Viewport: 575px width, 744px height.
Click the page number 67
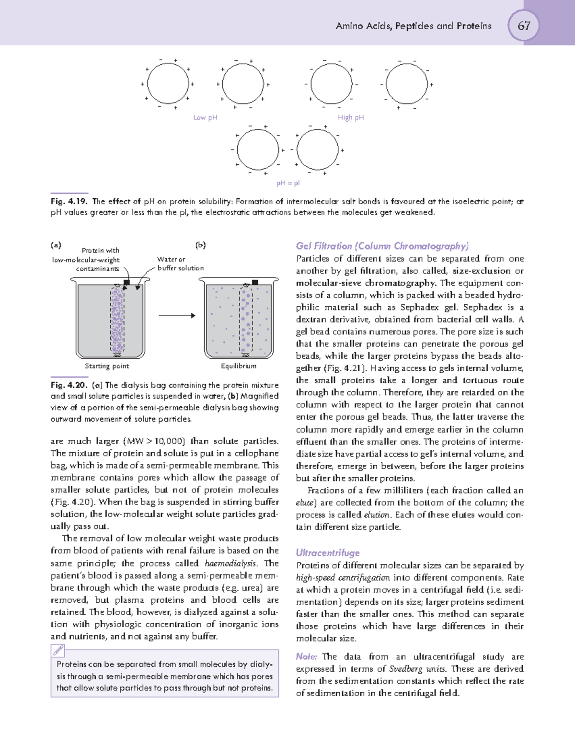(x=523, y=25)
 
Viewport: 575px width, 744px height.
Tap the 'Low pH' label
(x=205, y=117)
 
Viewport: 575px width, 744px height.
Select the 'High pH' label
(x=351, y=117)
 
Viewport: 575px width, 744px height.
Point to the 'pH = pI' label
(x=288, y=183)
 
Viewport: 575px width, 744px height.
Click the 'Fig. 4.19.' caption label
(x=69, y=202)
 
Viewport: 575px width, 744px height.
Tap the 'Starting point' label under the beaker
(x=107, y=366)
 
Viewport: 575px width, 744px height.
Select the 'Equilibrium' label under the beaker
(x=239, y=366)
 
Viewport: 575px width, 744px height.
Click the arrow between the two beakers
(x=177, y=315)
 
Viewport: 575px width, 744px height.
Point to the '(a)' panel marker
(x=56, y=245)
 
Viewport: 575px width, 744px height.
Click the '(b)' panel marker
(x=200, y=245)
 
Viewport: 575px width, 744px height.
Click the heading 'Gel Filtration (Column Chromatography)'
(x=382, y=246)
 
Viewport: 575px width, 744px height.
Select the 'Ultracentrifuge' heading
(x=328, y=553)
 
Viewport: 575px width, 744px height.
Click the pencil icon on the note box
(x=58, y=650)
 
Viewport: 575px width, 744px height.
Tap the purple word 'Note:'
(x=306, y=656)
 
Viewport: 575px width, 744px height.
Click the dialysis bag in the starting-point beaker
(x=117, y=319)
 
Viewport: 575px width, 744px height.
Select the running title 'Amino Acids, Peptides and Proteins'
(x=414, y=26)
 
